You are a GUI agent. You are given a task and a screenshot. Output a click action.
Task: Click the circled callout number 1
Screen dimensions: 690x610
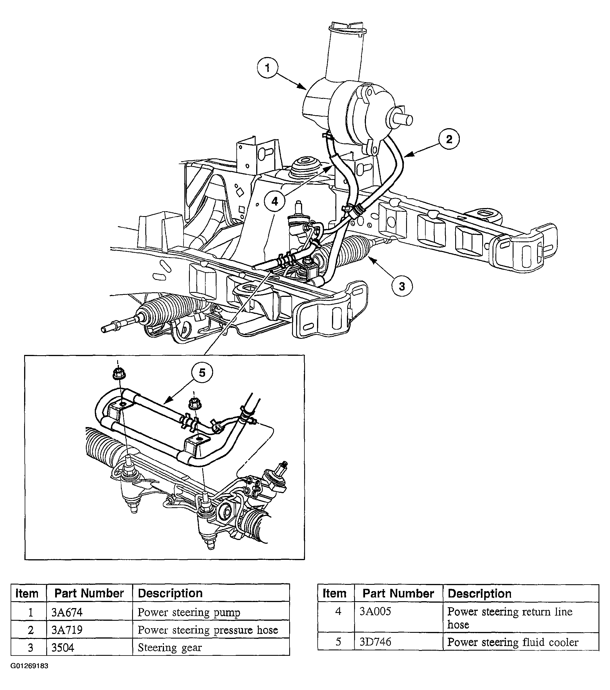click(x=268, y=68)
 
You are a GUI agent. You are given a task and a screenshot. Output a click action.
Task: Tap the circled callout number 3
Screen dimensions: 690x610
click(x=402, y=286)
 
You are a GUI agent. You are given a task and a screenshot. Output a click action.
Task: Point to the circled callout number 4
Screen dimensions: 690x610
click(x=275, y=201)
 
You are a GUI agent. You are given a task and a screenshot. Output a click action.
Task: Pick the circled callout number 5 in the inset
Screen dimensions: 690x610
click(x=202, y=373)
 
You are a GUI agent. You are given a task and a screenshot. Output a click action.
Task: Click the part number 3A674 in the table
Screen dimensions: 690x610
click(x=67, y=612)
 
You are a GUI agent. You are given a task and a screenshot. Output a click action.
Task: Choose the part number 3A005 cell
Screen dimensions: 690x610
click(x=375, y=612)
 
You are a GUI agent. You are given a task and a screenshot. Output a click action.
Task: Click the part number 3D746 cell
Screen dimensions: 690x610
click(x=375, y=642)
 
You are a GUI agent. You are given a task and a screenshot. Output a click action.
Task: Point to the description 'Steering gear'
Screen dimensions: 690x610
click(x=170, y=647)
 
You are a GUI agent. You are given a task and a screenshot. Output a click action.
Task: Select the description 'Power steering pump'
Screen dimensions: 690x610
click(x=189, y=612)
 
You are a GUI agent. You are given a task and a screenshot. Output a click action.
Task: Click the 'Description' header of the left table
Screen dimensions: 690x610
click(x=170, y=593)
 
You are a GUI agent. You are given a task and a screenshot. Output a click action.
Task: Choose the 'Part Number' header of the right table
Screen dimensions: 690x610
click(x=398, y=593)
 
